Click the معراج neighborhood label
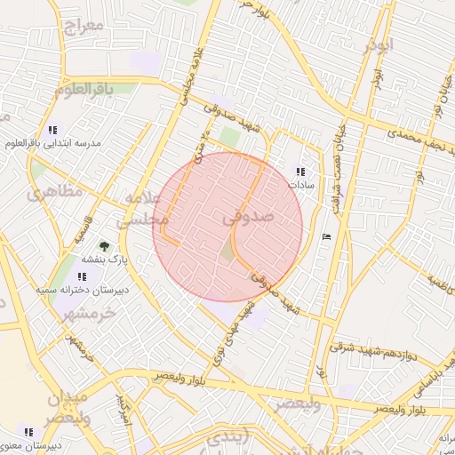tap(84, 24)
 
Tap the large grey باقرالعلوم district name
tap(84, 89)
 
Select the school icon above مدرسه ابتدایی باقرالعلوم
tap(53, 129)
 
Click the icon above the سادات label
tap(299, 171)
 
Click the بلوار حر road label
tap(253, 8)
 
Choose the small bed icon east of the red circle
tap(326, 235)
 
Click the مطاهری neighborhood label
tap(55, 191)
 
